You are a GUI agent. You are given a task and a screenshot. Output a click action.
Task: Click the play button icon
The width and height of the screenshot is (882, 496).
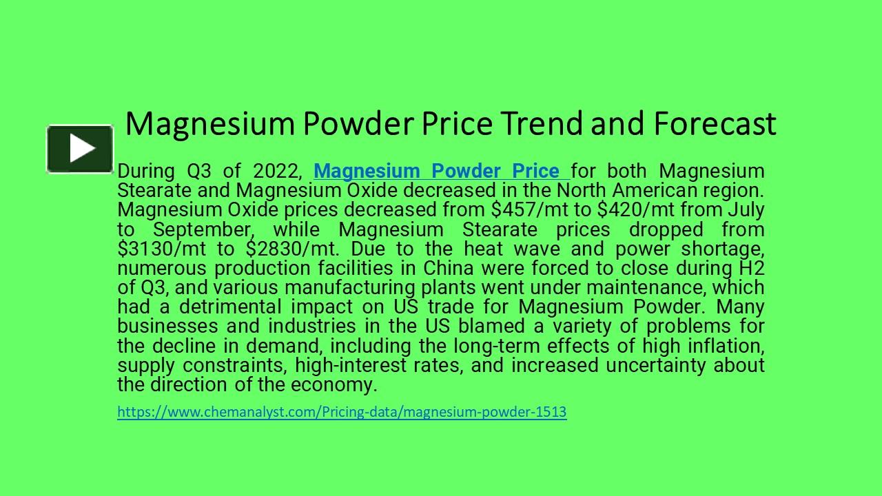pos(81,148)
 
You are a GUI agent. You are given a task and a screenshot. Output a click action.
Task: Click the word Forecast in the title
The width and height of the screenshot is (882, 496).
pos(715,124)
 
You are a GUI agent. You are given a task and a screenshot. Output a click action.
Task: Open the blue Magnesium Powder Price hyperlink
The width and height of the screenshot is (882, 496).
pos(436,171)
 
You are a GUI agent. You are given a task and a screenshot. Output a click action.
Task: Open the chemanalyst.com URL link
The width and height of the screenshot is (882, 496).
pos(342,412)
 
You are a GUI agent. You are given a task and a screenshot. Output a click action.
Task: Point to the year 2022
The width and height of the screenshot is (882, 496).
pos(278,171)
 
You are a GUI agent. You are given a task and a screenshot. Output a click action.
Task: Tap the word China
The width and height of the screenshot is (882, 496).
pos(448,268)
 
